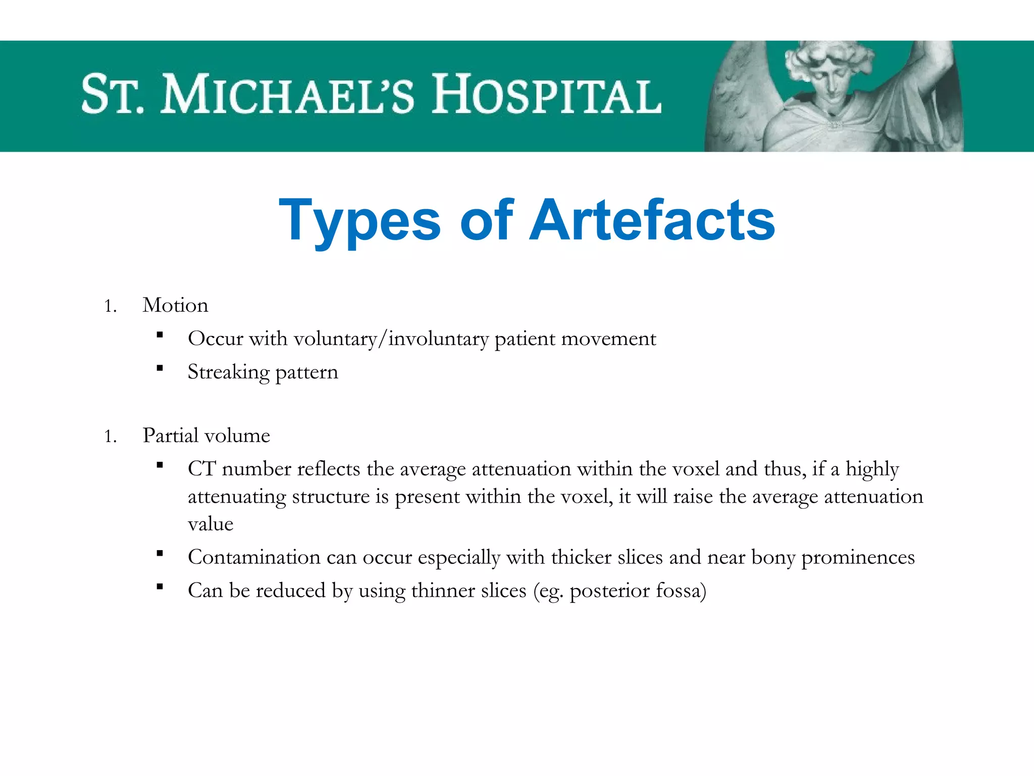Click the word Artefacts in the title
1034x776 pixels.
[652, 221]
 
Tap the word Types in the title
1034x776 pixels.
[360, 221]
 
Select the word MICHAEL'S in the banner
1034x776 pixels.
[287, 94]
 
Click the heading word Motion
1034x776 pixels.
[175, 305]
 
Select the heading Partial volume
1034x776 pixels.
[206, 435]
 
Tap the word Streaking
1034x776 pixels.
[229, 372]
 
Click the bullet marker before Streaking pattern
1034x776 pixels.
[160, 368]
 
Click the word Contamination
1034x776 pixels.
[254, 557]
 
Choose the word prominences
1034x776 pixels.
[858, 557]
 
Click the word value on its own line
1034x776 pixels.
[211, 524]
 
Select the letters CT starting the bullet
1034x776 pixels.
[201, 469]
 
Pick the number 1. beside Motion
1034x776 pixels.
[111, 306]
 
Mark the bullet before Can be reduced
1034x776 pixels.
[160, 587]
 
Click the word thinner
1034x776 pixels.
[443, 591]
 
